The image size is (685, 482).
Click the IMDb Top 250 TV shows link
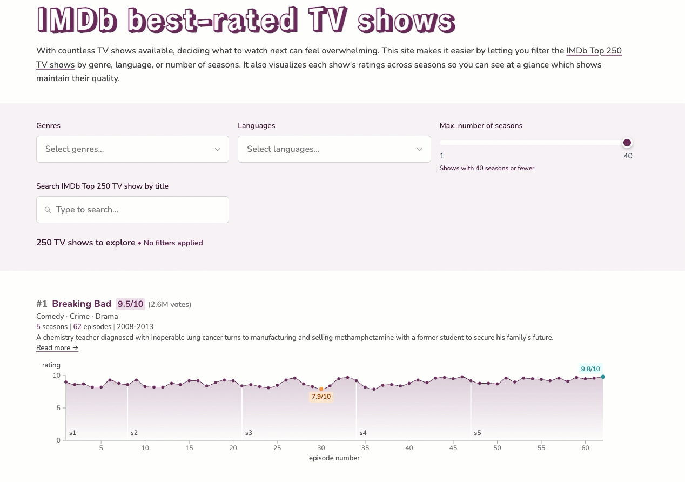(593, 51)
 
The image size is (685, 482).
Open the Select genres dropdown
(132, 149)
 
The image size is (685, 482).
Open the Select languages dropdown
(334, 149)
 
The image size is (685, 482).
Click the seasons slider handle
(627, 143)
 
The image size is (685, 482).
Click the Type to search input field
(138, 210)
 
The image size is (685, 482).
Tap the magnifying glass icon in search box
(48, 210)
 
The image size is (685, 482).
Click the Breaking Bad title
(82, 304)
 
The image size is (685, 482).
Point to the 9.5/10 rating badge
(130, 304)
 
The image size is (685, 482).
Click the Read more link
(57, 348)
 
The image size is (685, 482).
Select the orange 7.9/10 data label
(321, 397)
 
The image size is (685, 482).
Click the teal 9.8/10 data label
(590, 369)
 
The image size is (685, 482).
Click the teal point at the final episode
(603, 377)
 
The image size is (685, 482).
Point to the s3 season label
(249, 433)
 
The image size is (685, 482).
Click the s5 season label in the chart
(477, 433)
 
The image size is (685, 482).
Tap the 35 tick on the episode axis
(365, 448)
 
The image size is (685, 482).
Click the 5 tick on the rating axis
(58, 408)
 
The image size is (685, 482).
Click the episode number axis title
(334, 458)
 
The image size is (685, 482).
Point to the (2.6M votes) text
(170, 304)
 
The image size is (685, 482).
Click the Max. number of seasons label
(481, 125)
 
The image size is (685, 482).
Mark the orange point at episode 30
(321, 389)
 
